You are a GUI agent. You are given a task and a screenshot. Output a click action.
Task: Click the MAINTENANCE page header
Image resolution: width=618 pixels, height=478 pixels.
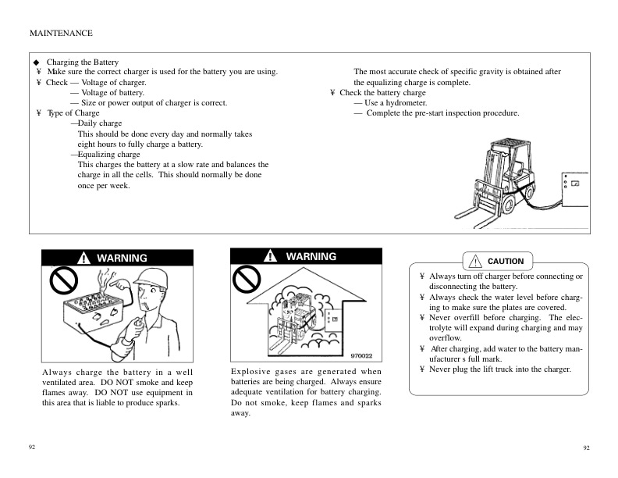(x=61, y=33)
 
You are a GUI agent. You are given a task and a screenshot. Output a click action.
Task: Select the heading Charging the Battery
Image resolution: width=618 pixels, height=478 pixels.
(x=83, y=62)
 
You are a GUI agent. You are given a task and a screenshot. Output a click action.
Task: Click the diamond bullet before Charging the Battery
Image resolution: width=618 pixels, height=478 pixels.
(x=36, y=62)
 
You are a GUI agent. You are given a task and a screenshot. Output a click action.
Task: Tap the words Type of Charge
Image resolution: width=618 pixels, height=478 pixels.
(x=73, y=113)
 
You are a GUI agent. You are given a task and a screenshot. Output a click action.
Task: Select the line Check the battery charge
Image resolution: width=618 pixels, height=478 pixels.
(x=382, y=93)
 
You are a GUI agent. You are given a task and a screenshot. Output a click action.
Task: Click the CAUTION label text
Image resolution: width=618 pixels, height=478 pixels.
(x=505, y=261)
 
